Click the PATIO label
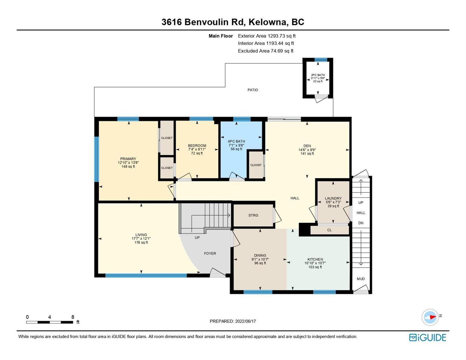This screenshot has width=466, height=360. coord(253,90)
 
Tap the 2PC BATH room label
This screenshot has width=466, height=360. coord(318,75)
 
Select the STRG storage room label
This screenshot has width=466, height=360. coord(253,215)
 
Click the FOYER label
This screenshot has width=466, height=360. coord(210,253)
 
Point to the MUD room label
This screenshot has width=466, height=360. coord(361,279)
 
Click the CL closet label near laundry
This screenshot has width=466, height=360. coord(329,230)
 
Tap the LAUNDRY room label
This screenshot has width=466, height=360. coord(333,198)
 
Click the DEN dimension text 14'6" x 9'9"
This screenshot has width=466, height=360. coord(307,150)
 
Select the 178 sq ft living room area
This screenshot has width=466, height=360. coord(141,242)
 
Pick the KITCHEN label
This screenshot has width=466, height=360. coord(315,259)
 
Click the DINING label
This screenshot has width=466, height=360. coord(260,255)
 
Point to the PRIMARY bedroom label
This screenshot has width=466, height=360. coord(128,159)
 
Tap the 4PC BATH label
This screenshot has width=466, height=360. coord(236,141)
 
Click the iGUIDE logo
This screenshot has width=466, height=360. coord(427,337)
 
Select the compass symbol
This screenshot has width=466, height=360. coord(430,317)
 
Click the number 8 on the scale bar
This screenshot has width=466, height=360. coord(73,317)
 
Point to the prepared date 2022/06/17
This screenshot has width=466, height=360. coord(245,321)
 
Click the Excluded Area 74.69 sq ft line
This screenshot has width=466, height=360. coord(266,51)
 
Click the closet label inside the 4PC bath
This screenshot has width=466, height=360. coord(256,165)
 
